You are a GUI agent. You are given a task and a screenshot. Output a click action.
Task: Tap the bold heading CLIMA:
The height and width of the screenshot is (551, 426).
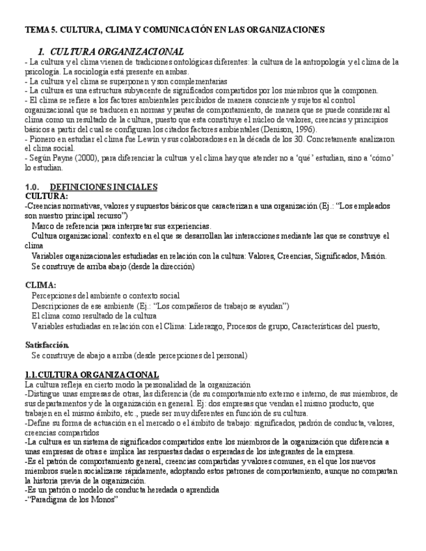coord(40,285)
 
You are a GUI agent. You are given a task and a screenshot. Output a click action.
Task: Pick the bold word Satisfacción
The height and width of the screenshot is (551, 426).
coord(47,344)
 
